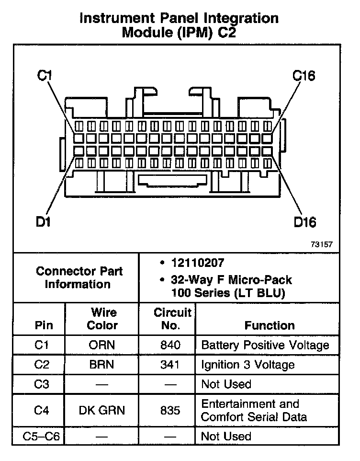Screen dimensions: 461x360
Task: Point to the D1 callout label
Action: (x=45, y=222)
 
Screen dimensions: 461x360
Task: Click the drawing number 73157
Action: (x=321, y=244)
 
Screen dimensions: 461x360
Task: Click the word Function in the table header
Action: (x=270, y=326)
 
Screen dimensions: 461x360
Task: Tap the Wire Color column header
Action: (x=102, y=319)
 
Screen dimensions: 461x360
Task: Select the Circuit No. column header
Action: (x=172, y=319)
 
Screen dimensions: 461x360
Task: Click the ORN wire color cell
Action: (x=102, y=346)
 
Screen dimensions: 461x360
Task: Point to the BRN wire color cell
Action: (x=102, y=365)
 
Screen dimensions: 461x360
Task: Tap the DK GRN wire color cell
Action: (x=102, y=411)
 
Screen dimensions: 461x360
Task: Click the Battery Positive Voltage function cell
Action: (x=265, y=346)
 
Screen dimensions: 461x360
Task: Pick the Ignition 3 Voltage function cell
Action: (x=247, y=365)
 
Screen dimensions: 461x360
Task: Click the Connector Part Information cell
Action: (x=79, y=277)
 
